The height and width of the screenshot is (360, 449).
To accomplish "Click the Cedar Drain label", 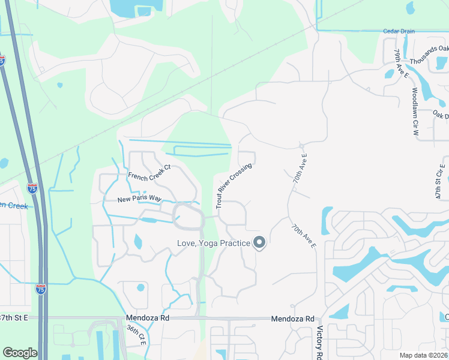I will [x=399, y=31].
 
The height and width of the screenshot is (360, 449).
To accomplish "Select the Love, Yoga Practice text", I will [x=213, y=243].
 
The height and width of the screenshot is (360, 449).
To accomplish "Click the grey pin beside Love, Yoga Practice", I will [x=259, y=242].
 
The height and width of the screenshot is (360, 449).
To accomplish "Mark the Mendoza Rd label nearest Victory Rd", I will [x=292, y=319].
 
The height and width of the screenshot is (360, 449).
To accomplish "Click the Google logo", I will [x=20, y=353].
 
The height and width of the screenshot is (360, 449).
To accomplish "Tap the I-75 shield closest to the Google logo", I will [x=41, y=289].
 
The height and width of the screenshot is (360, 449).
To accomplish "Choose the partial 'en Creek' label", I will [x=14, y=205].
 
